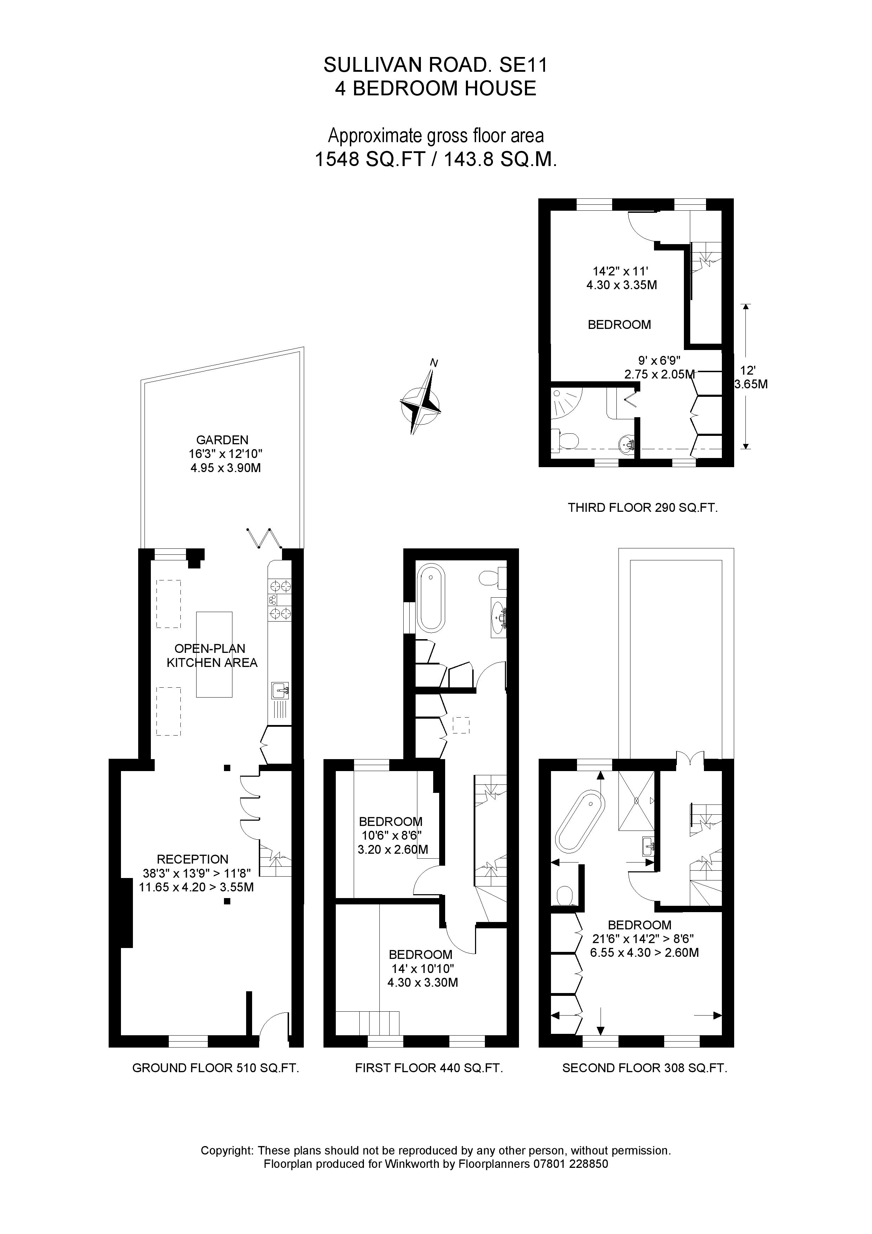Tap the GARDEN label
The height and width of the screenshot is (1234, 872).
222,440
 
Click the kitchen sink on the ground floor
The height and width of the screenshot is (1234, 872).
280,691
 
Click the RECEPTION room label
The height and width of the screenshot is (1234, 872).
192,859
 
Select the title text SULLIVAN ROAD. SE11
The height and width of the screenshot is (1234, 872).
435,65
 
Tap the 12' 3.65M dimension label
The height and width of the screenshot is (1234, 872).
750,377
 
